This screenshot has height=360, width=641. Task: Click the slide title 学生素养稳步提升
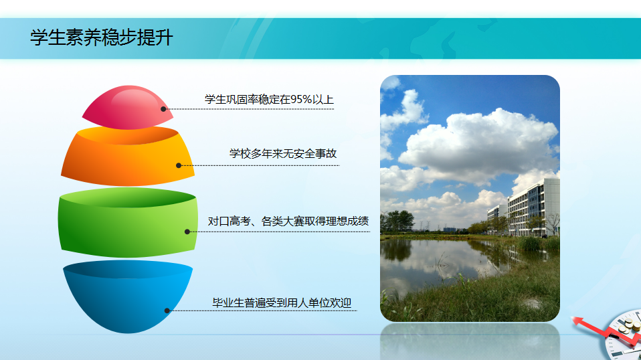click(102, 37)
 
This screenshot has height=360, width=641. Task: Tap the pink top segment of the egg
click(128, 108)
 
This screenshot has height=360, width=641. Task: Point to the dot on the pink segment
click(163, 109)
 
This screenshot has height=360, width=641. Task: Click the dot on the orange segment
click(179, 165)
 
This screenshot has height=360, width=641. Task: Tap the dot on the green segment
click(187, 232)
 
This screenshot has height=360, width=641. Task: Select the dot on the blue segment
click(167, 310)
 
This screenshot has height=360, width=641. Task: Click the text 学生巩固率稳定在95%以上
click(269, 100)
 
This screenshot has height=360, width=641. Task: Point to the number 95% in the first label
click(301, 100)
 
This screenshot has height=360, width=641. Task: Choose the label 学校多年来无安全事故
click(283, 154)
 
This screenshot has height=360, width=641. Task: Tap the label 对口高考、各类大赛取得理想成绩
click(288, 221)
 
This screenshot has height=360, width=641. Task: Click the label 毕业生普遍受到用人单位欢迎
click(282, 303)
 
